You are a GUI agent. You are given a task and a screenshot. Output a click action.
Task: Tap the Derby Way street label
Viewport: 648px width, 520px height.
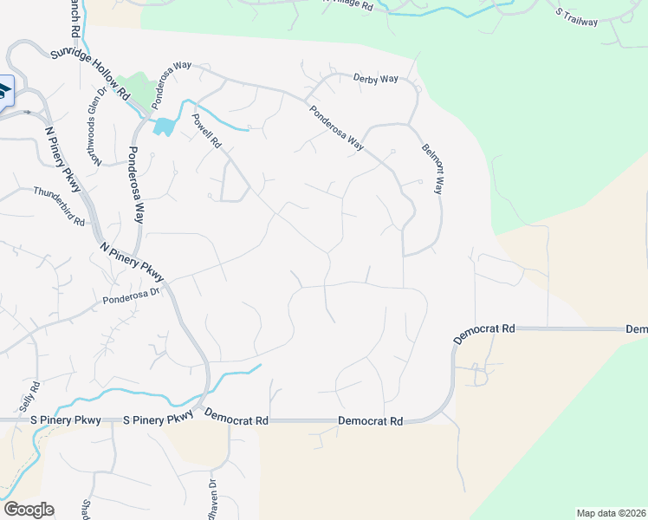pyautogui.click(x=375, y=79)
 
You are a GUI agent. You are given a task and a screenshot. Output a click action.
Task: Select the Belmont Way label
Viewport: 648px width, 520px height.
pyautogui.click(x=431, y=168)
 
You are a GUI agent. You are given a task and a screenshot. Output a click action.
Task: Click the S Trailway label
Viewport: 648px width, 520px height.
pyautogui.click(x=577, y=16)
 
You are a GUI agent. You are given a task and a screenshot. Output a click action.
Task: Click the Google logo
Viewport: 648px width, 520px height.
pyautogui.click(x=29, y=510)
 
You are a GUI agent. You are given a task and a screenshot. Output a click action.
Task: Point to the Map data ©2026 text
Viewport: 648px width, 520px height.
pyautogui.click(x=611, y=513)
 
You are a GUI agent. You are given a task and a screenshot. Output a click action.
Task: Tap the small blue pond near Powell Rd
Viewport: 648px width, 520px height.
pyautogui.click(x=163, y=127)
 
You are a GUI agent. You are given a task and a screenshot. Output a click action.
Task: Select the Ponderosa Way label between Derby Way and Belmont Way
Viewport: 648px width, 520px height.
pyautogui.click(x=336, y=128)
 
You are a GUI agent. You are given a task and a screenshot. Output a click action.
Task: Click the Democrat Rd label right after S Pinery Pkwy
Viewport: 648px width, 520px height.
pyautogui.click(x=237, y=418)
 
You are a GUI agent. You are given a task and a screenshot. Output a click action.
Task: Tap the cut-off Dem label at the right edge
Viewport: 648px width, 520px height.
pyautogui.click(x=637, y=329)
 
